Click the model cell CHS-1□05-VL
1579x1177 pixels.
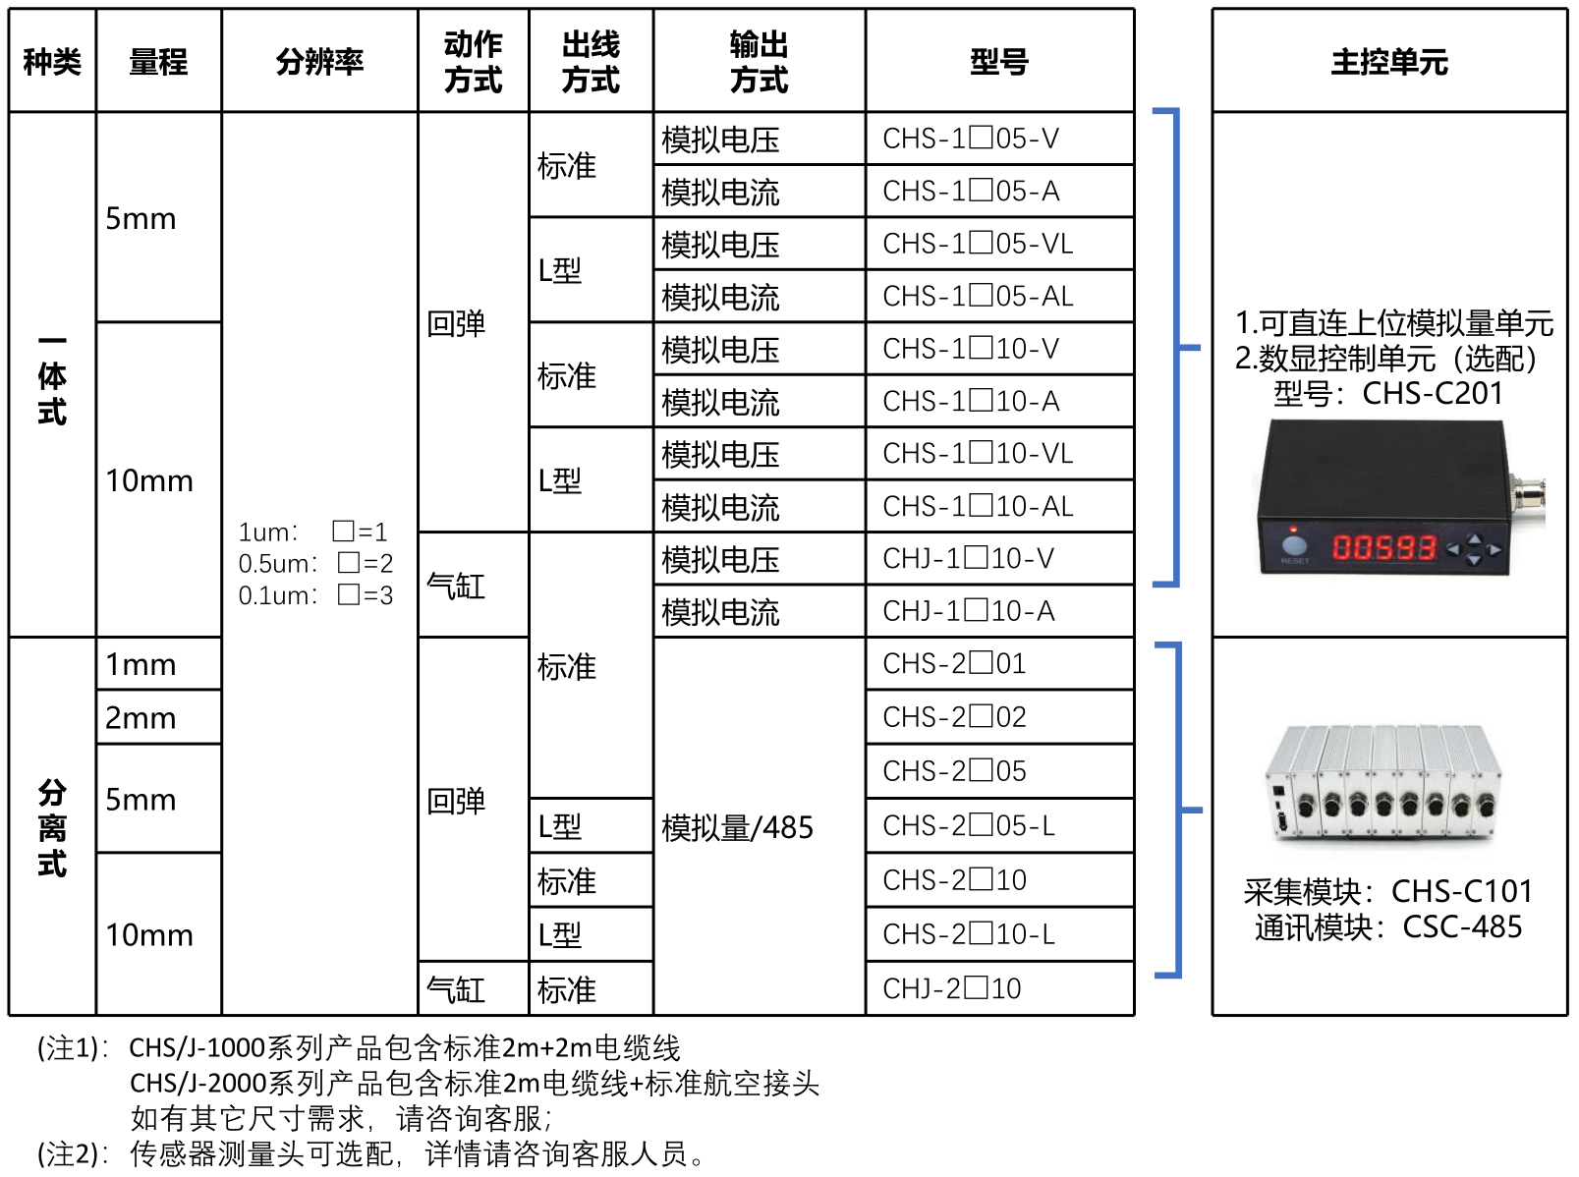coord(978,244)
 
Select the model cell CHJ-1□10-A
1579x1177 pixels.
coord(969,611)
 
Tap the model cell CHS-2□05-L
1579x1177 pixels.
coord(969,825)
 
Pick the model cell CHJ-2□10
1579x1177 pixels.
coord(951,988)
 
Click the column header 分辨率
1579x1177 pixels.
coord(319,62)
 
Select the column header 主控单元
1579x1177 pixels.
coord(1388,62)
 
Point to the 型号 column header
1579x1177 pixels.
coord(999,62)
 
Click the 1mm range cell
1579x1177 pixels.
coord(141,665)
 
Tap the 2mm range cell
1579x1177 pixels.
coord(141,718)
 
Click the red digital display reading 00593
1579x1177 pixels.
coord(1383,547)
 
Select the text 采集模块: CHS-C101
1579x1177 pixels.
coord(1387,891)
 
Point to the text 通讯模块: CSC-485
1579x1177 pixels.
coord(1387,926)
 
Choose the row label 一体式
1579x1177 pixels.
coord(52,378)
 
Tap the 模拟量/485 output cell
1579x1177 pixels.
coord(737,828)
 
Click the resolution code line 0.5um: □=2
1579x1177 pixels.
coord(315,564)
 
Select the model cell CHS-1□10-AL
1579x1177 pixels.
coord(978,506)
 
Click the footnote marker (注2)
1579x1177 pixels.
coord(69,1153)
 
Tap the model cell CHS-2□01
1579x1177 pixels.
coord(954,664)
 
